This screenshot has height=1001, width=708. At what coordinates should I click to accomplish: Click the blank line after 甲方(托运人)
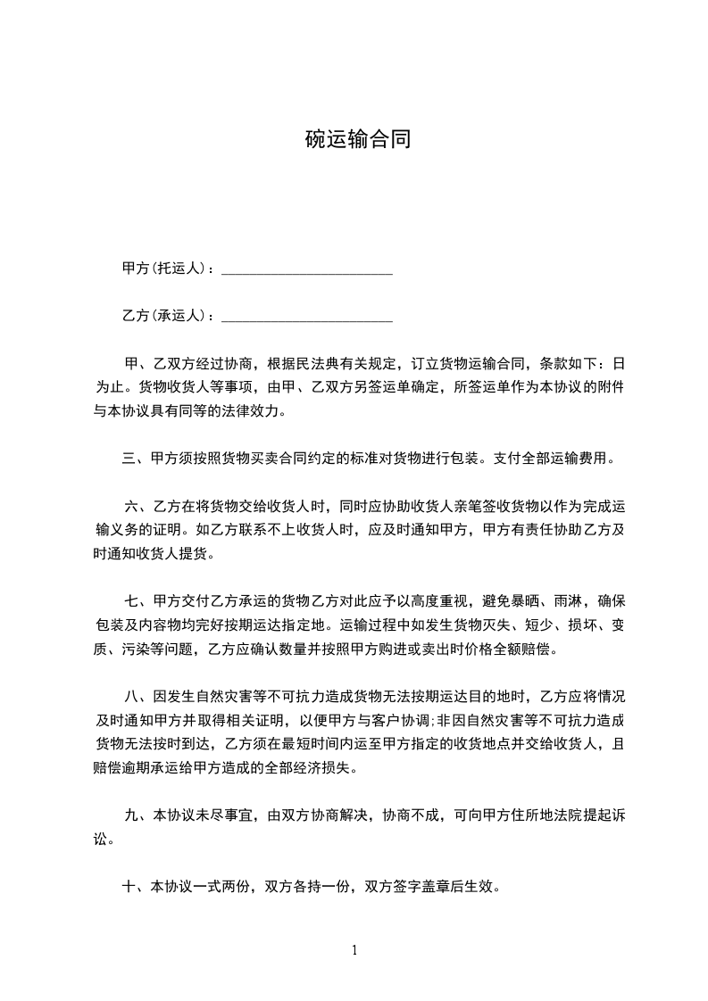pos(306,269)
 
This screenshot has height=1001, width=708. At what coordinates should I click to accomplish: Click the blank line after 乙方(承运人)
pos(306,316)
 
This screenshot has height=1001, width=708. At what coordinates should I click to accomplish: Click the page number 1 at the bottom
pos(354,950)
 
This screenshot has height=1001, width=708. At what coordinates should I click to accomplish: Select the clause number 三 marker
pos(129,459)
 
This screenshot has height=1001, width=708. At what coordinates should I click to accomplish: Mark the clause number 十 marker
pos(129,887)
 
